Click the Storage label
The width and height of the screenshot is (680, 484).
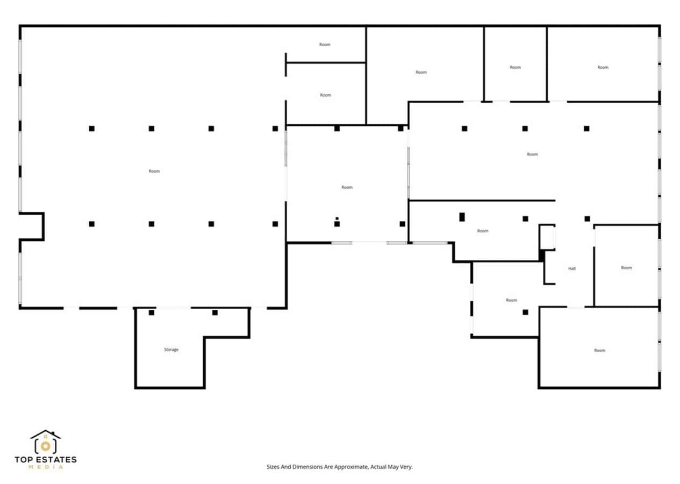click(x=171, y=350)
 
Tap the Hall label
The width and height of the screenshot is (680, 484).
click(x=572, y=268)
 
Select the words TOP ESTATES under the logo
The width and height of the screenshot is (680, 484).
click(x=46, y=459)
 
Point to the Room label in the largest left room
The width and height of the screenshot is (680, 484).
click(x=154, y=171)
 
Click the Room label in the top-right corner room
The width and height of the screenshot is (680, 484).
click(x=603, y=67)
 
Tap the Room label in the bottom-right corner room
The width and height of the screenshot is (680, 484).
click(x=599, y=350)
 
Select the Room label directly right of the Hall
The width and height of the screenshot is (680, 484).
click(x=626, y=267)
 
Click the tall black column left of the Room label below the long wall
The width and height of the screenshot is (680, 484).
click(x=462, y=217)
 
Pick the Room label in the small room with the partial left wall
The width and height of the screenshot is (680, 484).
click(x=325, y=45)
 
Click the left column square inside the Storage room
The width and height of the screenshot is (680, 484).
click(x=152, y=312)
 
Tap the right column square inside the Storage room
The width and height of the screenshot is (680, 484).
click(x=215, y=312)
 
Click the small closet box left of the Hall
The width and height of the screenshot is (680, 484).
click(x=547, y=237)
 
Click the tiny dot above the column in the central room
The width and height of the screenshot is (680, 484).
click(x=337, y=218)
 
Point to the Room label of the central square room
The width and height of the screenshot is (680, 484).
click(x=347, y=187)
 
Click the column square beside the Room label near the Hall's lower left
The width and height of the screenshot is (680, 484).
click(x=525, y=312)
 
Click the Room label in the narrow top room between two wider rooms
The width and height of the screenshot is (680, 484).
click(x=515, y=67)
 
